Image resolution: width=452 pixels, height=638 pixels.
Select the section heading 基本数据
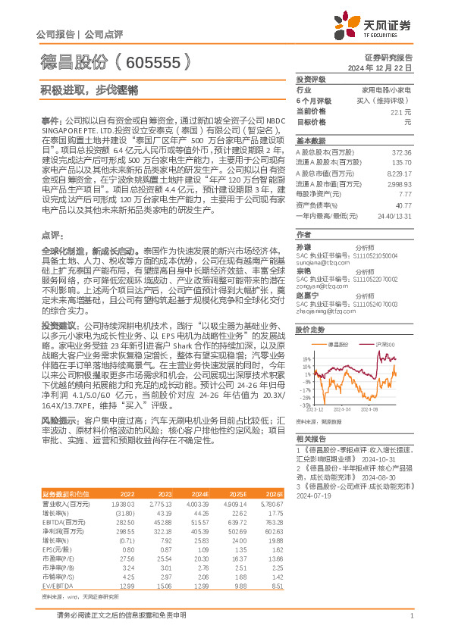311,142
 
